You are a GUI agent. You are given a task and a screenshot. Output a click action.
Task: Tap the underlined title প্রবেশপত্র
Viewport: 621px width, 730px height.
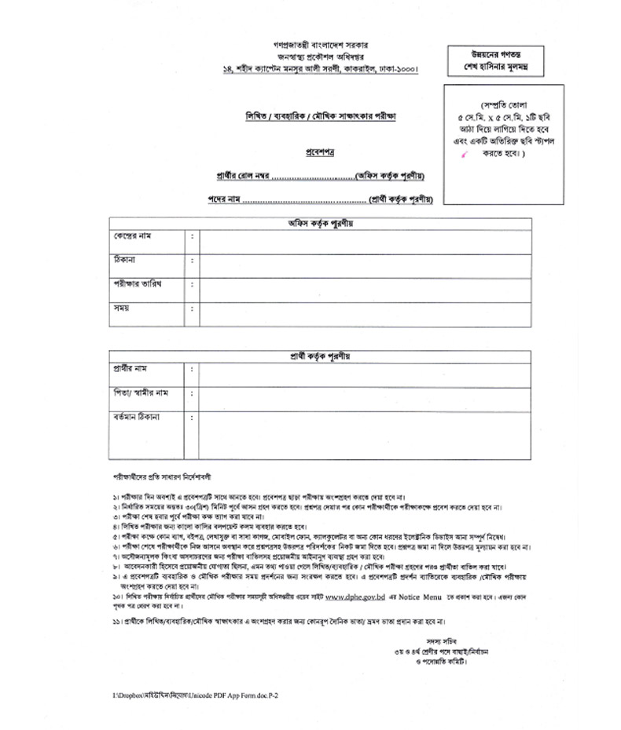point(320,152)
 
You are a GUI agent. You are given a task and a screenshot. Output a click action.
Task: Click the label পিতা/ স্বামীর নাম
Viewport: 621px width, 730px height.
point(141,392)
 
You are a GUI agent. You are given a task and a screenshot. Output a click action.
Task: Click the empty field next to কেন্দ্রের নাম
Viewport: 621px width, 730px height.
point(364,242)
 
